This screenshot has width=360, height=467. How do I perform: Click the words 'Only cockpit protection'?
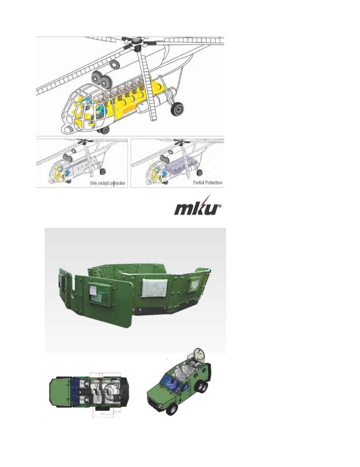coord(108,183)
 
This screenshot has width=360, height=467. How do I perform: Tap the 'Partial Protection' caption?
coord(207,182)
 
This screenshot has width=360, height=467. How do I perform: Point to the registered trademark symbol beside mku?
coord(220,206)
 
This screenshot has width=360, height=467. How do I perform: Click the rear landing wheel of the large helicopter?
coord(177,109)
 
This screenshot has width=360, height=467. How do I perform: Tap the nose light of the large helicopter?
coord(68,129)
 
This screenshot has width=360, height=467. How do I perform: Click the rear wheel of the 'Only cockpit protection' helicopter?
coord(102,171)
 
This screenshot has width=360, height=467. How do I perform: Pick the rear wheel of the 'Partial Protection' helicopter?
coord(200,172)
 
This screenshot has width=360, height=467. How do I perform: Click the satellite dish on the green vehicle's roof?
coord(199,354)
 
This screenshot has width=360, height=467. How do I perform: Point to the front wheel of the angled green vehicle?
coord(172,409)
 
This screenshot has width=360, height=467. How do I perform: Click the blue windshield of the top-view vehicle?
coord(75,392)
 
